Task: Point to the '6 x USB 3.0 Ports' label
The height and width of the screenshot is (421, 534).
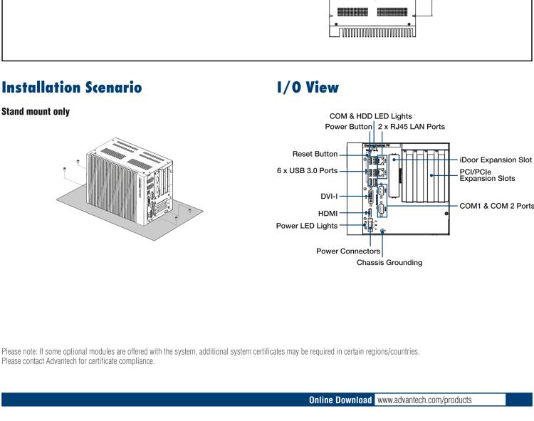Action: [x=303, y=171]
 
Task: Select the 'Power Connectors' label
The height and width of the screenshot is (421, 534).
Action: [x=348, y=251]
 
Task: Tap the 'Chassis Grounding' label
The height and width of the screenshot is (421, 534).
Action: [x=389, y=262]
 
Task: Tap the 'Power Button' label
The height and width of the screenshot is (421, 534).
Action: [x=338, y=126]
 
